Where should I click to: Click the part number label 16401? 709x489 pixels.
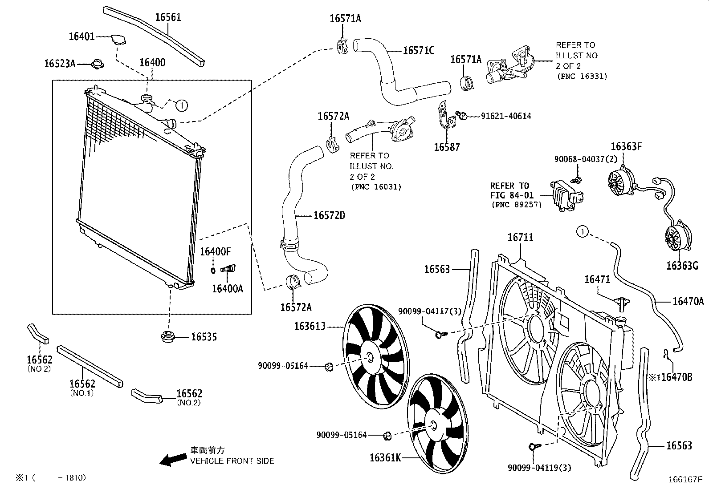pyautogui.click(x=81, y=36)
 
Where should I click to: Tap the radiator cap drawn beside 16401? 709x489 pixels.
pyautogui.click(x=118, y=39)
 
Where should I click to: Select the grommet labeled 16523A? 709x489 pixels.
pyautogui.click(x=97, y=65)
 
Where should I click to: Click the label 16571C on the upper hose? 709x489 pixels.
pyautogui.click(x=418, y=51)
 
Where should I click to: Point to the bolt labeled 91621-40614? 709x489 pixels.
pyautogui.click(x=462, y=116)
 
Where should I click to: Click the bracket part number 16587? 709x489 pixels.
pyautogui.click(x=447, y=147)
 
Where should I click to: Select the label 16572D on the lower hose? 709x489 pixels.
pyautogui.click(x=329, y=216)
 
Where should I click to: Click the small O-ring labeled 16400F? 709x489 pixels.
pyautogui.click(x=213, y=270)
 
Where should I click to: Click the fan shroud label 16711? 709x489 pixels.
pyautogui.click(x=520, y=237)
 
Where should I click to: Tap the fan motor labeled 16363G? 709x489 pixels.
pyautogui.click(x=678, y=237)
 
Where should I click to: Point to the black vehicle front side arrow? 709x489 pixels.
pyautogui.click(x=173, y=460)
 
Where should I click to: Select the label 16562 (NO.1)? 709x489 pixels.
pyautogui.click(x=82, y=384)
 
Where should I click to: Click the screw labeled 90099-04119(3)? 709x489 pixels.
pyautogui.click(x=533, y=446)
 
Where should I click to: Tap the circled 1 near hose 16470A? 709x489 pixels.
pyautogui.click(x=583, y=231)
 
